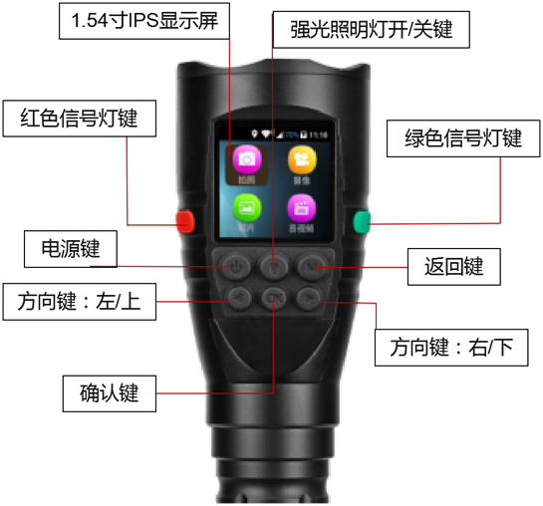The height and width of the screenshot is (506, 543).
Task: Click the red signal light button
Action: tap(183, 218)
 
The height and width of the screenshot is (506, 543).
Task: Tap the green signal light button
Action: tap(359, 220)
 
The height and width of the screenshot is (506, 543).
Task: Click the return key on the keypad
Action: tap(309, 266)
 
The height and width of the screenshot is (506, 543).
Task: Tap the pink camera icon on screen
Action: tap(247, 158)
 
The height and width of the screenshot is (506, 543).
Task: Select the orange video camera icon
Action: tap(300, 158)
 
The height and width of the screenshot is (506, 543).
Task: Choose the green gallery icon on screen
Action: tap(247, 206)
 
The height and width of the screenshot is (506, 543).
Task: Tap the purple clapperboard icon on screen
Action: tap(300, 206)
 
